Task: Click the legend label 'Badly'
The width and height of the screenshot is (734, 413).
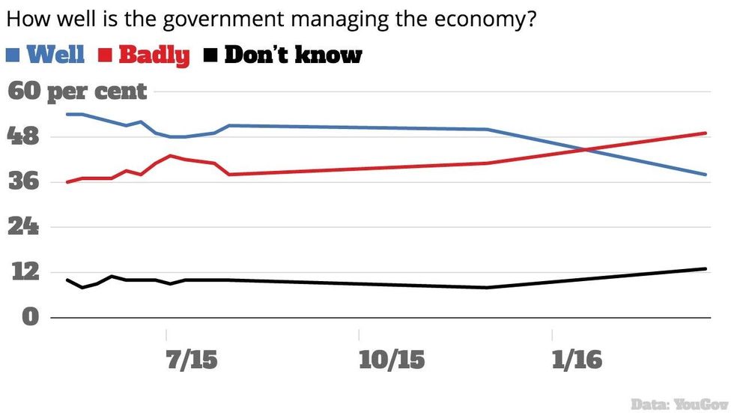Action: [154, 55]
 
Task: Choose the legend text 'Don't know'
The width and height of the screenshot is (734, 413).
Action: [293, 55]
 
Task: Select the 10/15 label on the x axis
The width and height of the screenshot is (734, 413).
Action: [392, 360]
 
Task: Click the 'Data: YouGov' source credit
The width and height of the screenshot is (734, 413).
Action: [680, 403]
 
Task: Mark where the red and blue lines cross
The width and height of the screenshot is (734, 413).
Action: [585, 149]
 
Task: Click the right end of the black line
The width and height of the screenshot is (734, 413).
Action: [706, 268]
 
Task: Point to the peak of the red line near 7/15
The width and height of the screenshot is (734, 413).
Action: [171, 156]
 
